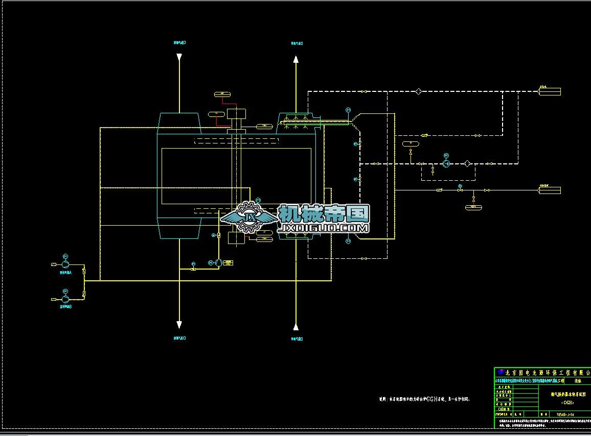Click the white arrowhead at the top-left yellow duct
click(179, 58)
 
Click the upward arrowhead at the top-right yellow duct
click(295, 59)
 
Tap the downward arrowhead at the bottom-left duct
click(179, 325)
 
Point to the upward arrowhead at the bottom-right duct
click(295, 326)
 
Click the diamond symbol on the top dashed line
click(418, 92)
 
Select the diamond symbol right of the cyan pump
click(467, 163)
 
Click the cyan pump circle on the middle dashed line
click(445, 163)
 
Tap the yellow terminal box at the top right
click(550, 92)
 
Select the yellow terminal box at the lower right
click(550, 190)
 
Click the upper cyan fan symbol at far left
click(65, 264)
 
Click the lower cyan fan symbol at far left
click(65, 298)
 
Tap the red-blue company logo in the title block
click(501, 372)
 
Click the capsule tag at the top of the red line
click(222, 94)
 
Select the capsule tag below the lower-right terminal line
click(473, 207)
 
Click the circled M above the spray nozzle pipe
click(348, 110)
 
